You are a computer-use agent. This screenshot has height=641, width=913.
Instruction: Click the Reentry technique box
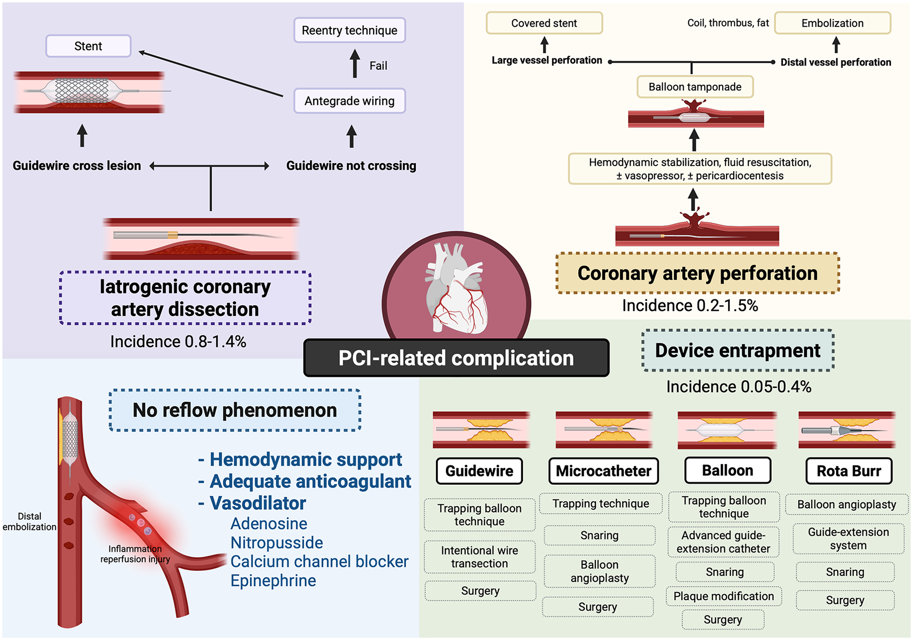(x=349, y=30)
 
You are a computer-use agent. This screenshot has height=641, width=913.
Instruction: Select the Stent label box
(x=88, y=46)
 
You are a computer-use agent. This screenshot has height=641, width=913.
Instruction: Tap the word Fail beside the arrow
(x=378, y=66)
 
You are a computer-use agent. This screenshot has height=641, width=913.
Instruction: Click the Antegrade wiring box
(x=349, y=101)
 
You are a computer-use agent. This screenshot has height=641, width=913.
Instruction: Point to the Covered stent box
(x=544, y=23)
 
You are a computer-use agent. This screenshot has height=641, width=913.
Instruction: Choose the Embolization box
(x=832, y=23)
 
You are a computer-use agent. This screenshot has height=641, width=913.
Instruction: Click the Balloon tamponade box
(x=695, y=87)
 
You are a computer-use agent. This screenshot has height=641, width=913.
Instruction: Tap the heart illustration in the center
(x=456, y=289)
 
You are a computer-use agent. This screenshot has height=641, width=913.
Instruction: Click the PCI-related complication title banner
(x=456, y=358)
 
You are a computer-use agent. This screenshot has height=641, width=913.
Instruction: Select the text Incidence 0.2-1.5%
(x=690, y=306)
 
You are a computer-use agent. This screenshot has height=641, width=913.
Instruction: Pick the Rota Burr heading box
(x=849, y=471)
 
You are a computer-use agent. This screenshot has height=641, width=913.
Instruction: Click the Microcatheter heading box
(x=604, y=471)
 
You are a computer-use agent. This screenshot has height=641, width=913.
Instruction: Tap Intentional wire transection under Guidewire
(x=480, y=557)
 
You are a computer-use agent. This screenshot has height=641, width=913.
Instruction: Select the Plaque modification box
(x=724, y=596)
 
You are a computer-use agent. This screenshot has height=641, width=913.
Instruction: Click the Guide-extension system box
(x=848, y=539)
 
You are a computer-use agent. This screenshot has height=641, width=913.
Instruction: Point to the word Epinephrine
(x=273, y=581)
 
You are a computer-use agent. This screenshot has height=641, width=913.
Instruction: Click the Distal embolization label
(x=29, y=522)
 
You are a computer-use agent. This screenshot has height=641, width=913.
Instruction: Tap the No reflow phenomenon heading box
(x=235, y=410)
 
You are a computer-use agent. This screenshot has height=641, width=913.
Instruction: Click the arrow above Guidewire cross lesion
(x=82, y=135)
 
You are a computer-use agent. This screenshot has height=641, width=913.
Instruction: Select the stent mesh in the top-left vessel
(x=82, y=90)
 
